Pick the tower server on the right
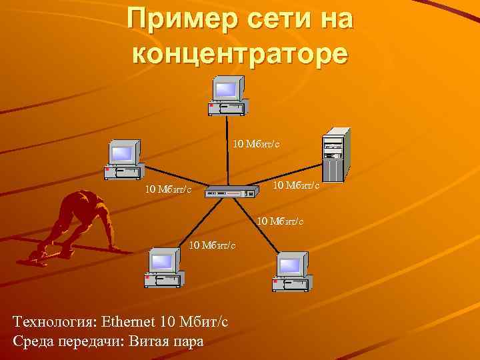pyautogui.click(x=334, y=154)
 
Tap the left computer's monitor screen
pyautogui.click(x=122, y=153)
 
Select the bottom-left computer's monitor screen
pyautogui.click(x=162, y=261)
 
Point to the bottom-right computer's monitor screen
pyautogui.click(x=289, y=266)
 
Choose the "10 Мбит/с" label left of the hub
pyautogui.click(x=169, y=191)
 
